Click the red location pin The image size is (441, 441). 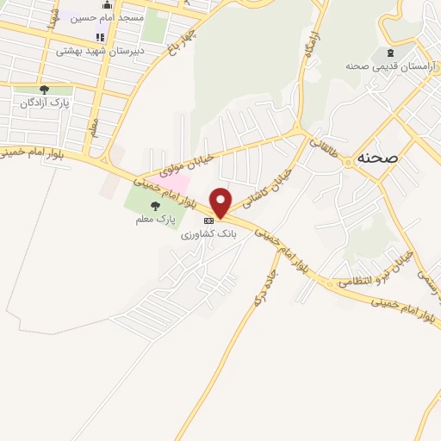(221, 202)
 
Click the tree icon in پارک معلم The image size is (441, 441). (155, 206)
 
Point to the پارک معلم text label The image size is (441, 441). (154, 220)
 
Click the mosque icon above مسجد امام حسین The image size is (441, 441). (108, 4)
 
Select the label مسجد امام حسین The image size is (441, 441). (108, 16)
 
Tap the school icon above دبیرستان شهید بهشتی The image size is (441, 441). (100, 38)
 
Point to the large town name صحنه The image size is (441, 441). (376, 159)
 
